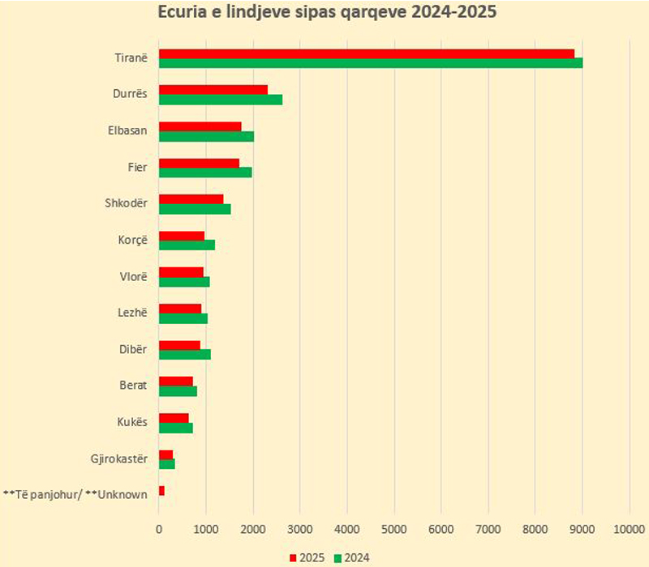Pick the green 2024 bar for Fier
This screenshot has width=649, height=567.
click(205, 173)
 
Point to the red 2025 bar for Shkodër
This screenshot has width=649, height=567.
click(191, 199)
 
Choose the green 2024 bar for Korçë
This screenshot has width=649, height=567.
click(187, 245)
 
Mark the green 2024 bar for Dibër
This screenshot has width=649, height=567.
click(185, 355)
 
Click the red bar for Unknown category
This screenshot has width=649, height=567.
click(162, 491)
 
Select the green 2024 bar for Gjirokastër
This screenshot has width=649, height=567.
click(167, 464)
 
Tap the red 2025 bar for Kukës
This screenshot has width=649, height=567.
click(174, 418)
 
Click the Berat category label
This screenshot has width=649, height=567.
click(133, 386)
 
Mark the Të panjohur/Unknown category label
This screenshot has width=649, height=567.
click(75, 494)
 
